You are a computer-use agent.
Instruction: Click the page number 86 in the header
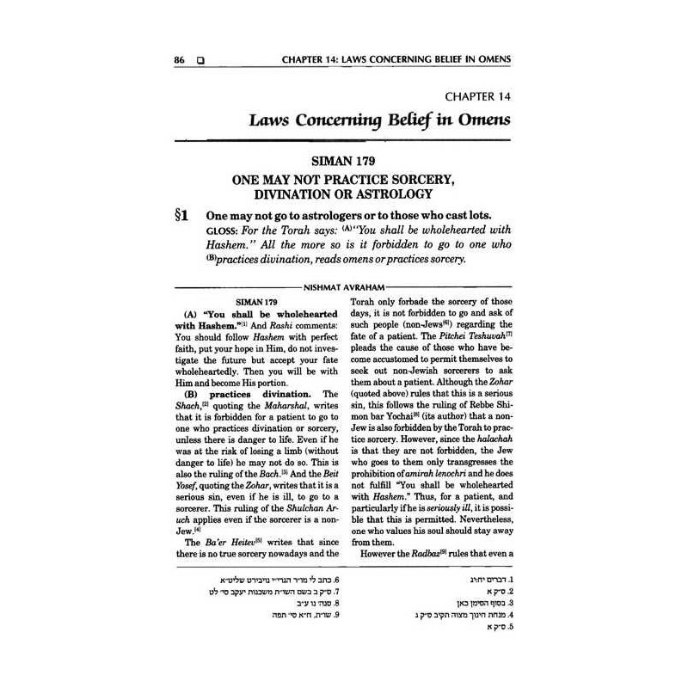(180, 61)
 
